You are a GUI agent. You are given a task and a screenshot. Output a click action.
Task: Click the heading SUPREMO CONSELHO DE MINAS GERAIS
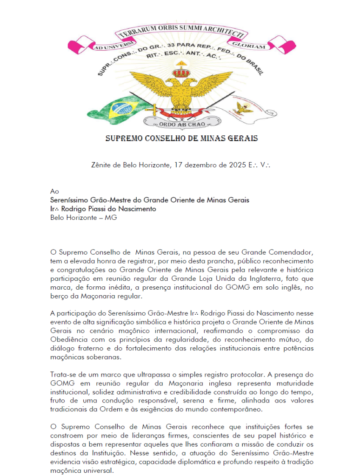pos(181,138)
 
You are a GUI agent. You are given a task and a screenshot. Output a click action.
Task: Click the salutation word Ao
pos(54,192)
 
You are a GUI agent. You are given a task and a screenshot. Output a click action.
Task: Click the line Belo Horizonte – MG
pos(83,218)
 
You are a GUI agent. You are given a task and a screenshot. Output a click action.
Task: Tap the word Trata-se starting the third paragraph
pos(64,374)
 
